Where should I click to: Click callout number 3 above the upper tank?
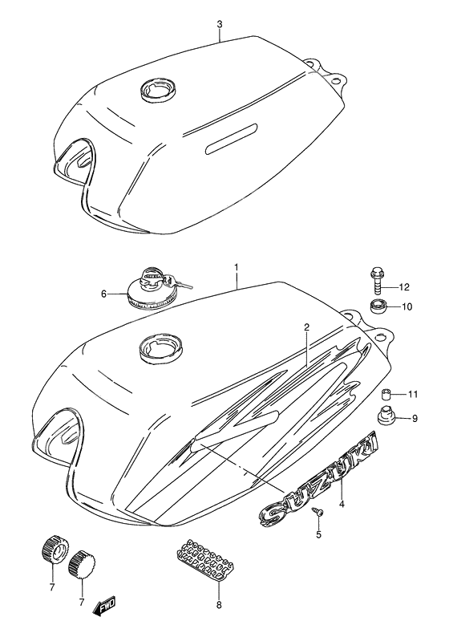tap(219, 23)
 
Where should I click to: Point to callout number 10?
tap(406, 306)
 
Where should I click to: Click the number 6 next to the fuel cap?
tap(103, 294)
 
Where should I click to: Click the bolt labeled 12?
tap(377, 281)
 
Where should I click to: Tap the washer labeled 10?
tap(378, 306)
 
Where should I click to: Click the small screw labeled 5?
tap(319, 510)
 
